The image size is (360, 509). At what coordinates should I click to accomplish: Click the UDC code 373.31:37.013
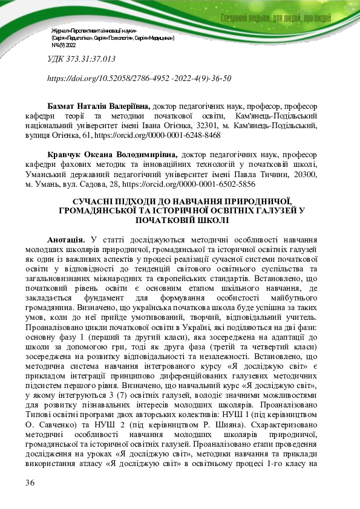81,59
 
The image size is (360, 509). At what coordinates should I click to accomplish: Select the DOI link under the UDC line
139,79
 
